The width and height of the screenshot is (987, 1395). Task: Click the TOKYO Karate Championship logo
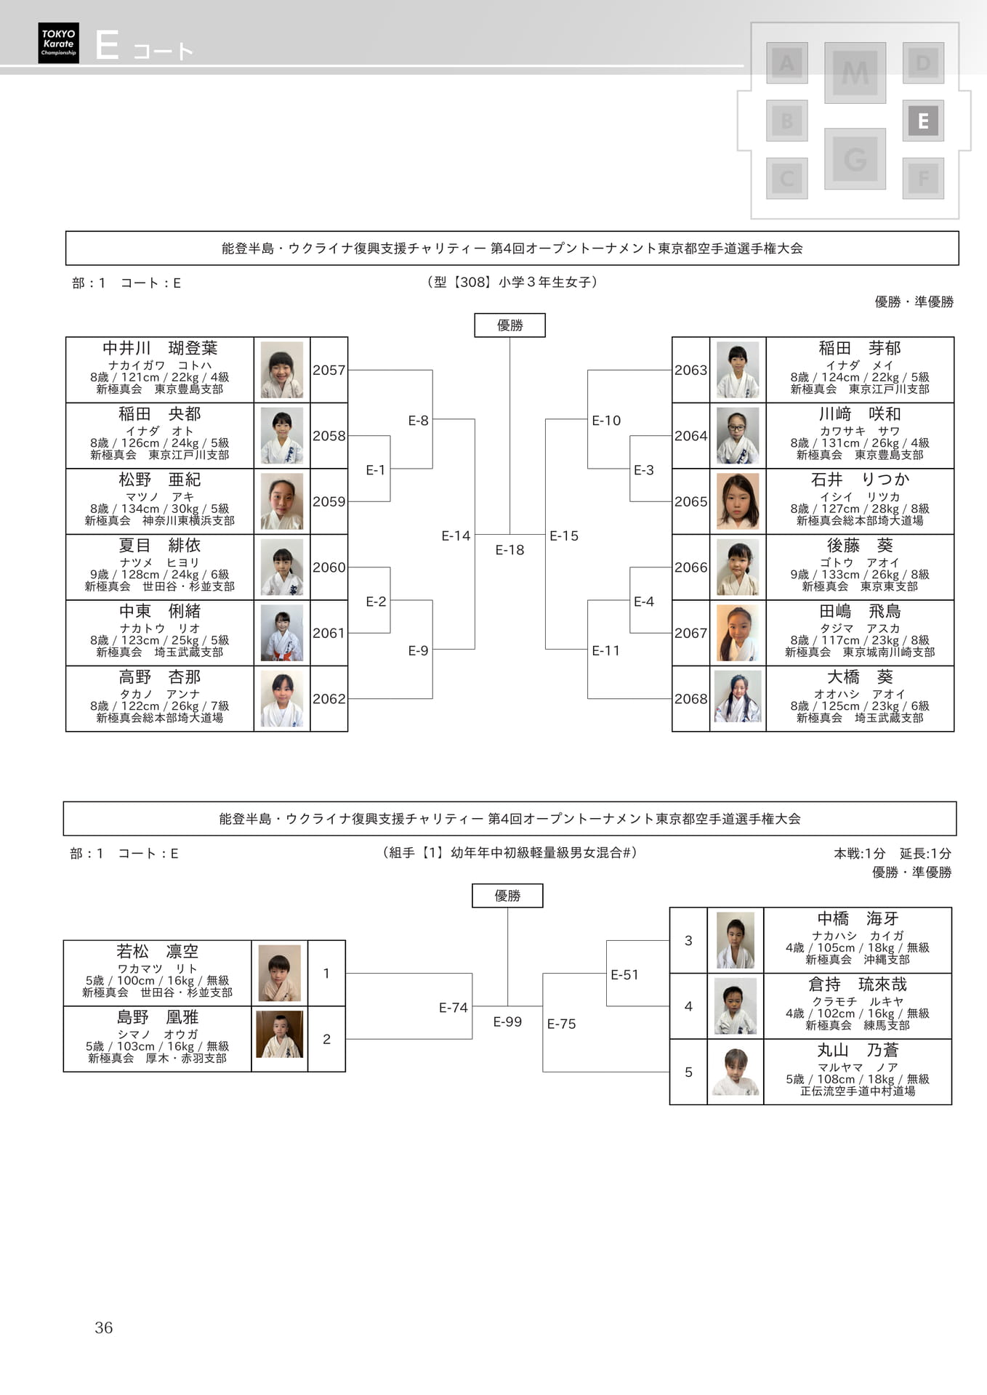[58, 43]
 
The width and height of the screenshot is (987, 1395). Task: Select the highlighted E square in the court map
[923, 121]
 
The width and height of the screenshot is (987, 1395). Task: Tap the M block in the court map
[855, 73]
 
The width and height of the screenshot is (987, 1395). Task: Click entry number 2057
[329, 370]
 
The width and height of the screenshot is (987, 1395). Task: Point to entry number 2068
[690, 699]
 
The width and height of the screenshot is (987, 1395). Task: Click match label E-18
[509, 550]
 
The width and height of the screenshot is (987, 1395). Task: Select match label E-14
[456, 535]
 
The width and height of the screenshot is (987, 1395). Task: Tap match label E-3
[643, 470]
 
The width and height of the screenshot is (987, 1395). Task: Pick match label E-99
[507, 1022]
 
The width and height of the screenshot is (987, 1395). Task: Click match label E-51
[624, 974]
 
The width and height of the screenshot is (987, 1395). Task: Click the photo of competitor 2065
[738, 501]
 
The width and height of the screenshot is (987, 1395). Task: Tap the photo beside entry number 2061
[282, 633]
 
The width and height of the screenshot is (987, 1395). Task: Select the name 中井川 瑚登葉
[160, 348]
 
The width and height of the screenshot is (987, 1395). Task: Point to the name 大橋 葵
[860, 676]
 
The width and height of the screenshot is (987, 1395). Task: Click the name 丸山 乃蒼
[858, 1050]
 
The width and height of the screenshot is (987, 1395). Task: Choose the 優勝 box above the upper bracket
[509, 325]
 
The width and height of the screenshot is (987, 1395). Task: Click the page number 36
[104, 1327]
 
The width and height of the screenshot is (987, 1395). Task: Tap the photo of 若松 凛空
[280, 973]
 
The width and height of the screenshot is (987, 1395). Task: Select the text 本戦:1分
[860, 853]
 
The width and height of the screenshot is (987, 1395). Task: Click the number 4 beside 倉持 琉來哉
[688, 1006]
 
